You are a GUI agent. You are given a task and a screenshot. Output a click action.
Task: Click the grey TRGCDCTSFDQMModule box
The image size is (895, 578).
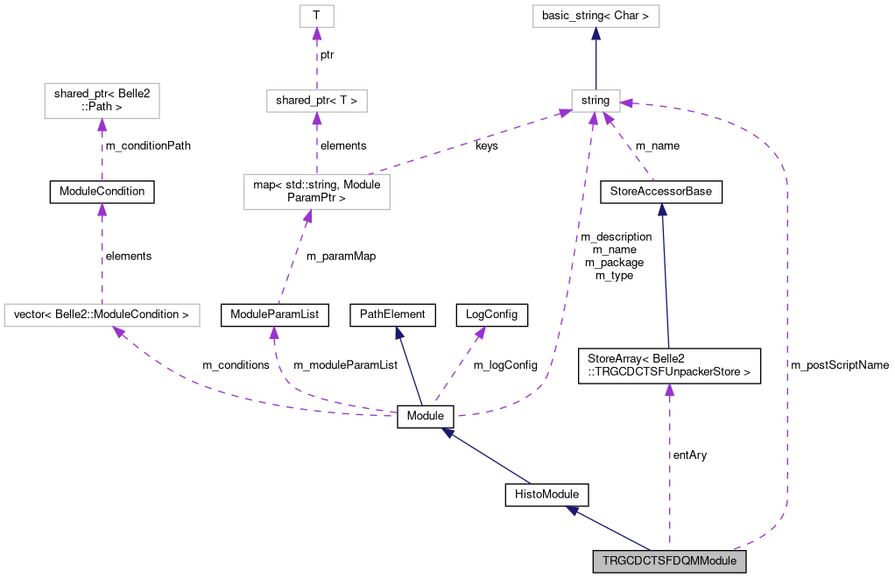[x=669, y=561]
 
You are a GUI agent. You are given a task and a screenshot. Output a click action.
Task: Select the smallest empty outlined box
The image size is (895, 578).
[x=317, y=16]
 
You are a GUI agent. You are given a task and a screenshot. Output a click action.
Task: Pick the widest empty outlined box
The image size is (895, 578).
[x=102, y=315]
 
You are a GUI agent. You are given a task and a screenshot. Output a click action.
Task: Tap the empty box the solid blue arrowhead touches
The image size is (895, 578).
[x=595, y=16]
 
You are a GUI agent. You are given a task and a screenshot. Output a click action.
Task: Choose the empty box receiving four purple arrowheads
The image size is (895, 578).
[x=595, y=101]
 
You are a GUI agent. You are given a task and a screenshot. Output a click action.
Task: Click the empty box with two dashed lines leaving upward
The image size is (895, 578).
[x=316, y=192]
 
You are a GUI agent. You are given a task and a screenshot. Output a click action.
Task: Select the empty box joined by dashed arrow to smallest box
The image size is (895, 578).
[x=316, y=101]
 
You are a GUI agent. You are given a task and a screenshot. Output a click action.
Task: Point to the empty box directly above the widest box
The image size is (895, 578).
[x=102, y=101]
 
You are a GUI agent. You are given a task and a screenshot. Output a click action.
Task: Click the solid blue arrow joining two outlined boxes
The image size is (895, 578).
[x=595, y=61]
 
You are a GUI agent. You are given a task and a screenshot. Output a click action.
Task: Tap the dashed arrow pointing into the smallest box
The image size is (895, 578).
[x=317, y=61]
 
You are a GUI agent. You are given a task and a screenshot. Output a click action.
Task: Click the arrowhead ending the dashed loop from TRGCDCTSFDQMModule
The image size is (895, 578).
[x=627, y=103]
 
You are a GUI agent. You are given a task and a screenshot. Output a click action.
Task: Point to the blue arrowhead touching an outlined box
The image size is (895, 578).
[x=595, y=33]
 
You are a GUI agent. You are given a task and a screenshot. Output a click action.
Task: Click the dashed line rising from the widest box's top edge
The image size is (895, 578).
[x=102, y=263]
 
